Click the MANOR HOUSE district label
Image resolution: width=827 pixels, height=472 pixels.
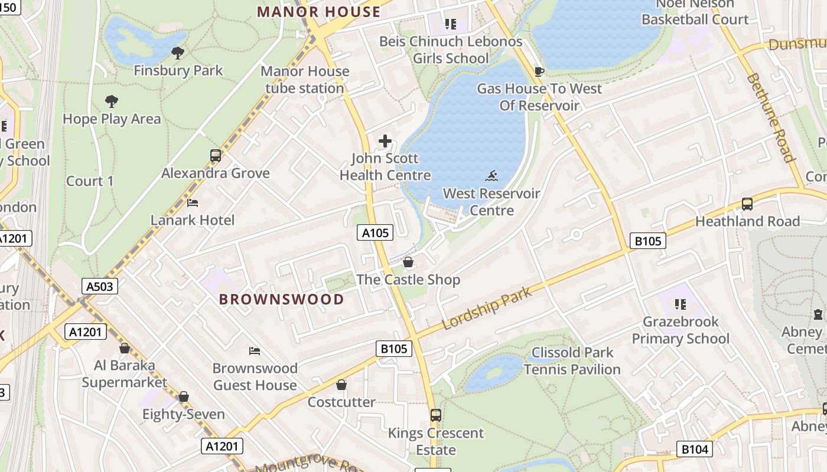(x=318, y=12)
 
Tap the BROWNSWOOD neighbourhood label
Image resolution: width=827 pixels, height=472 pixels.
(x=281, y=299)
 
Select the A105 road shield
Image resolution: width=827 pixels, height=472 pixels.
(x=375, y=233)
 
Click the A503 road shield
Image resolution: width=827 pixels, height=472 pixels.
(x=99, y=287)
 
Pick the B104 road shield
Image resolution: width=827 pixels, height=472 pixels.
(x=694, y=450)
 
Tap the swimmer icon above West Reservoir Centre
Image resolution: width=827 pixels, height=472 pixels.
(x=491, y=176)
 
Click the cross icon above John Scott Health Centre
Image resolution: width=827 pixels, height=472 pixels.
(x=385, y=141)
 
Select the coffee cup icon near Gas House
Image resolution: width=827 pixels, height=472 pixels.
(x=539, y=71)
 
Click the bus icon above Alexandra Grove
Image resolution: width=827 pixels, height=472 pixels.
(x=216, y=156)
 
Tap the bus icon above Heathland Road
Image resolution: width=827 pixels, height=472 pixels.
(x=747, y=204)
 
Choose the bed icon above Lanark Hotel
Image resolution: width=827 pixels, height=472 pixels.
(x=193, y=203)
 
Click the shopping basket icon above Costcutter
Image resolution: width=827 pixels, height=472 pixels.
(x=341, y=385)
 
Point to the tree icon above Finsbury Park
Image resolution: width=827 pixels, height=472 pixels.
(x=177, y=53)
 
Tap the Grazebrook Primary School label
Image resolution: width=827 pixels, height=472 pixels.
(x=681, y=330)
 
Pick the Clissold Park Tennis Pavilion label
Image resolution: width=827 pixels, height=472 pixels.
(x=572, y=361)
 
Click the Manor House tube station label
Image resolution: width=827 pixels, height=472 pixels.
(x=305, y=80)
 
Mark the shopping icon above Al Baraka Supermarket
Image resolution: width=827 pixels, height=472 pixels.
(x=125, y=348)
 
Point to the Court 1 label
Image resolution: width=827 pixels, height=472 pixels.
(x=90, y=181)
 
